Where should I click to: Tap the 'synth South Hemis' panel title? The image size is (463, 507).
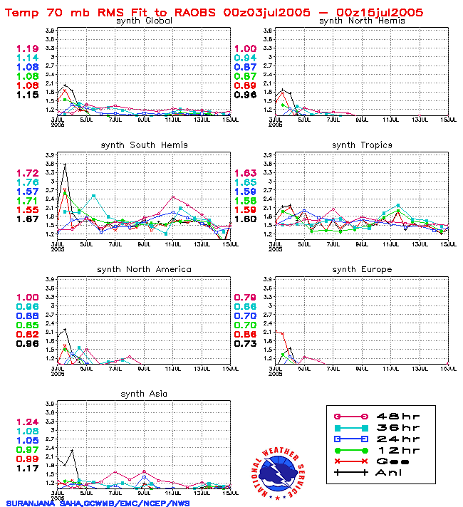coord(144,145)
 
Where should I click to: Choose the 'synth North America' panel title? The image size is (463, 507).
coord(144,270)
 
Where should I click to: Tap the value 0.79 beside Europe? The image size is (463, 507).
coord(245,298)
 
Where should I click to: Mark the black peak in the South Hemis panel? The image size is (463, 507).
coord(66,164)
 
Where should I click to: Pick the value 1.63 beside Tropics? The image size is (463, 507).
coord(245,174)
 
